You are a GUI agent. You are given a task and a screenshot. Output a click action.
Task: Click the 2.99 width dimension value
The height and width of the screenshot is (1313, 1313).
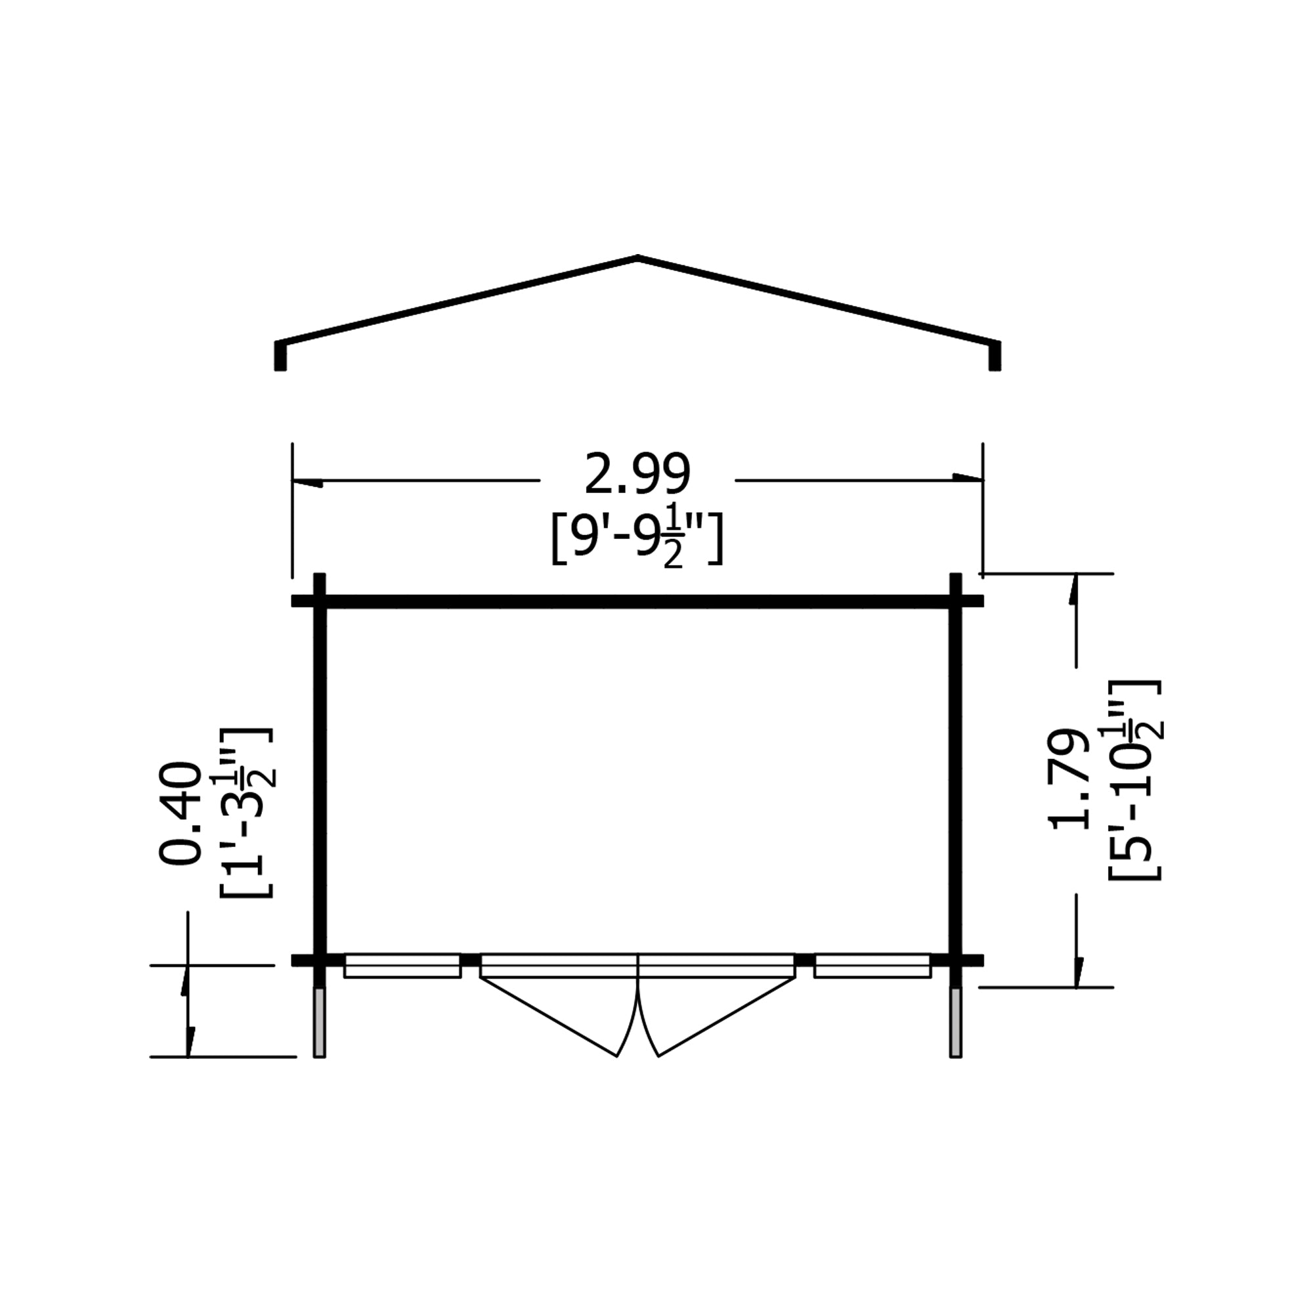coord(637,474)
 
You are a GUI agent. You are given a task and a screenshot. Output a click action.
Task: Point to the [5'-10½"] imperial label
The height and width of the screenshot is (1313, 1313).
coord(1134,779)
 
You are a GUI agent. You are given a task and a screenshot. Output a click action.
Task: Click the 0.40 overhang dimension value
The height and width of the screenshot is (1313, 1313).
coord(180,813)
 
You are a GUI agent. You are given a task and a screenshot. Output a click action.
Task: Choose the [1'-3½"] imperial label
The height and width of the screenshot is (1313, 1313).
coord(246,813)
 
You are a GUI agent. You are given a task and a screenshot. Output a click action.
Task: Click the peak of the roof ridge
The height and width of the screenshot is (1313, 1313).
coord(637,259)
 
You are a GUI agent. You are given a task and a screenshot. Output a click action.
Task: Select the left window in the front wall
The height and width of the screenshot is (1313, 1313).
coord(402,966)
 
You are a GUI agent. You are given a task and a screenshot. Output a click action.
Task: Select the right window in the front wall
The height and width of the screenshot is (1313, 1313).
coord(872,966)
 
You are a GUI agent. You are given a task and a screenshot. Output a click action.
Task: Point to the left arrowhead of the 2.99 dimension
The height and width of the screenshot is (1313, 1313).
coord(306,483)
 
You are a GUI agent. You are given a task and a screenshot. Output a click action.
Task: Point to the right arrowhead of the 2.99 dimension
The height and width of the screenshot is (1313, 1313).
coord(968,478)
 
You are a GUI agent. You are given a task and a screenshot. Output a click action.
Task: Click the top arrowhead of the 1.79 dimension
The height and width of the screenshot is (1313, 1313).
coord(1074,588)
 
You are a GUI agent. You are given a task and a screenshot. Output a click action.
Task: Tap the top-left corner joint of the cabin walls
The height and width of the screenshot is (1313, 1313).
coord(320,601)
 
